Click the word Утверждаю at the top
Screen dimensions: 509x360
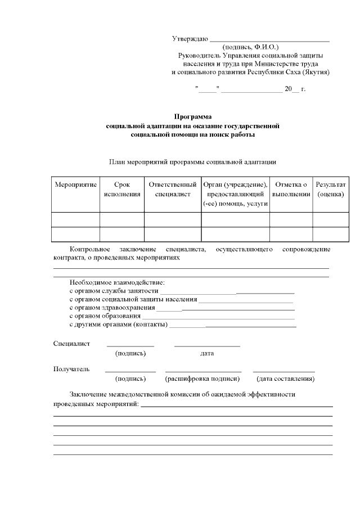tap(190, 39)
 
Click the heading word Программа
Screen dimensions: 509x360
tap(192, 117)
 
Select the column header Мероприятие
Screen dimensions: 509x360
tap(75, 184)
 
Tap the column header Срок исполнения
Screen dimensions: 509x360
tap(122, 190)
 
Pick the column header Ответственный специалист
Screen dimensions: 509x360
tap(173, 190)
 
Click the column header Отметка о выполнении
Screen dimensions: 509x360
tap(291, 190)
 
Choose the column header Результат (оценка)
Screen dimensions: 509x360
tap(330, 190)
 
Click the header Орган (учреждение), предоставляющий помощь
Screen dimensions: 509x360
tap(235, 195)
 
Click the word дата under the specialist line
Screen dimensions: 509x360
tap(206, 353)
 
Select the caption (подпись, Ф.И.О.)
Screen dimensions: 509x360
tap(250, 47)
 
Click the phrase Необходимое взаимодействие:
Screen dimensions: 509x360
tap(117, 282)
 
